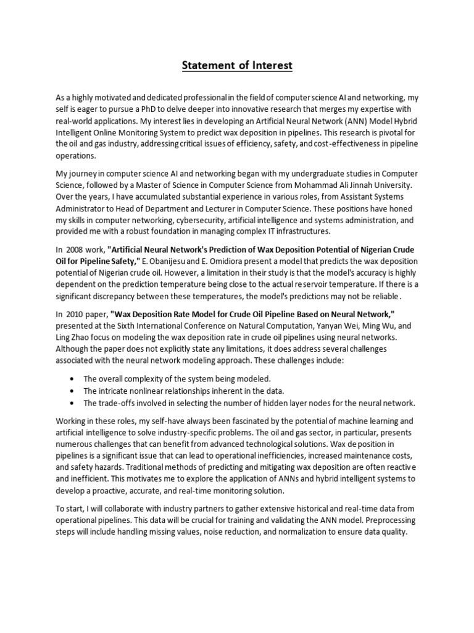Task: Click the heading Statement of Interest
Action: point(237,66)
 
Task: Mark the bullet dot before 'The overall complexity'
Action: point(75,378)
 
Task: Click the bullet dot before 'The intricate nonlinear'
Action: point(75,391)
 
